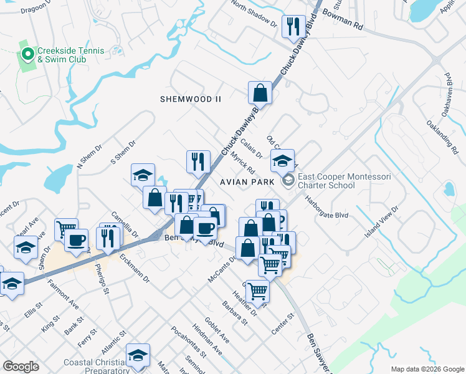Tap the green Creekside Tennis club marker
pos(27,54)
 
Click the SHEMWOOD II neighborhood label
pos(191,99)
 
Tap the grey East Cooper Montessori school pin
pos(288,181)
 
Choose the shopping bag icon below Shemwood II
pos(260,93)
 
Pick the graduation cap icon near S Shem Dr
pos(143,175)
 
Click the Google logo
pos(21,367)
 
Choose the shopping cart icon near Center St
pos(257,291)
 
